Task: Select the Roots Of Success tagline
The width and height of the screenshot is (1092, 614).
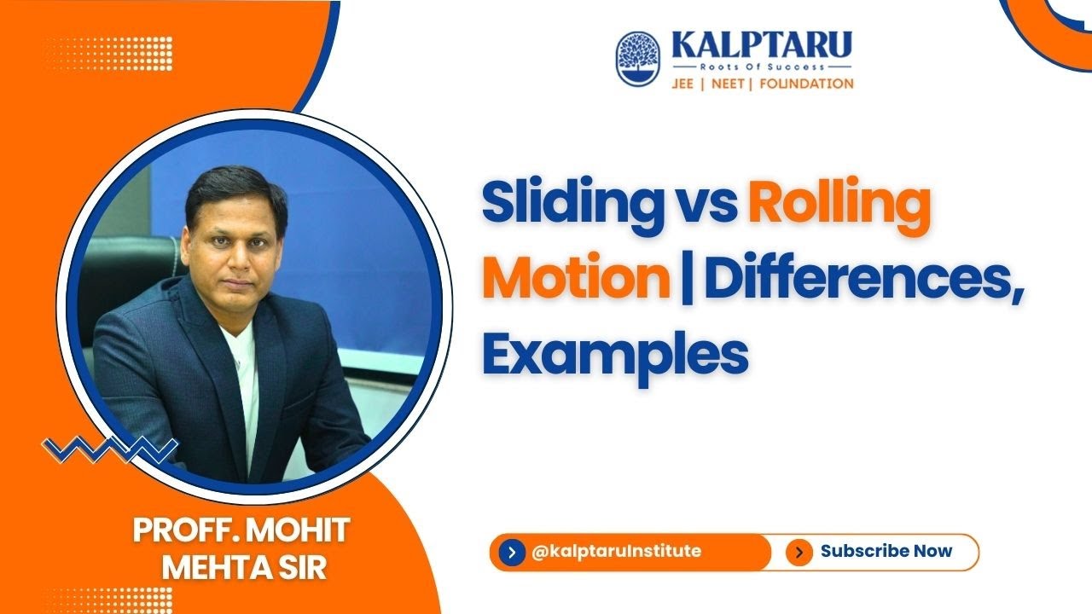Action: (x=762, y=66)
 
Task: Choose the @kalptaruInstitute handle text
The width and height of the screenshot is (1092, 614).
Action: (x=616, y=551)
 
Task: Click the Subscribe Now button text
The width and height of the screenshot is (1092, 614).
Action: (x=886, y=551)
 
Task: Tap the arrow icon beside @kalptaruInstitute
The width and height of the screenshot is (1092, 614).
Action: (x=510, y=553)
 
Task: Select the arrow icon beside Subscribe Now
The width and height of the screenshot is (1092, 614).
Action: (x=799, y=553)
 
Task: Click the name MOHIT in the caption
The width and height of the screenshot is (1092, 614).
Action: (x=304, y=531)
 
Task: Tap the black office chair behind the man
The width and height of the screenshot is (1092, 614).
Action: (x=128, y=273)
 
